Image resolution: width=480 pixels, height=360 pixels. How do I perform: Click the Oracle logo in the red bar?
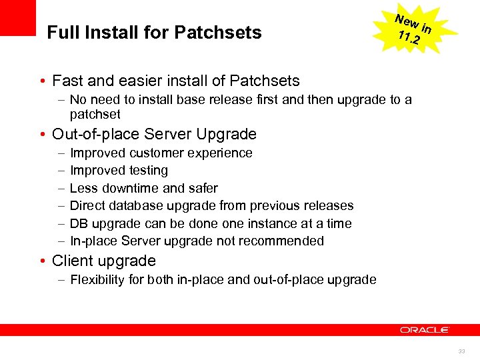(x=425, y=330)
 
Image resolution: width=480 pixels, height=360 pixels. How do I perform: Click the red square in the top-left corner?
(x=17, y=17)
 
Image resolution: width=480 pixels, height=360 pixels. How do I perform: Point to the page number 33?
(x=461, y=351)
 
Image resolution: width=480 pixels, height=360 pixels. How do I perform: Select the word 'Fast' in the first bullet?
(x=67, y=81)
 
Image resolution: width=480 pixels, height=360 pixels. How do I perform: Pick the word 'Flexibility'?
(x=97, y=280)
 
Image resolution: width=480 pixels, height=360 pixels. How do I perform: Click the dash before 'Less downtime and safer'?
(x=61, y=189)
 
